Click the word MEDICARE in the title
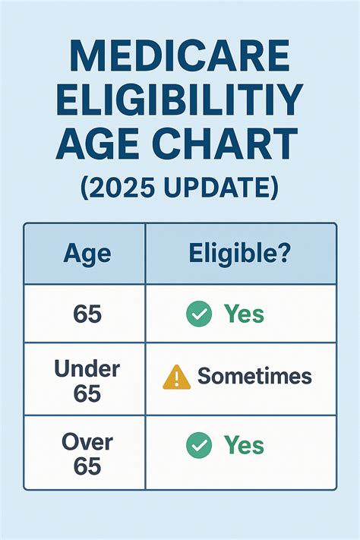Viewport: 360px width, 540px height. tap(180, 56)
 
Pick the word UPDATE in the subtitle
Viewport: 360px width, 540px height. tap(220, 186)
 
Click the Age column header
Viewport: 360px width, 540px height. tap(87, 254)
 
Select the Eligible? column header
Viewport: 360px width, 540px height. tap(239, 254)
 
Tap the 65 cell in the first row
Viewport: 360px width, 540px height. tap(87, 314)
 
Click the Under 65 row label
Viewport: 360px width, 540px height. tap(87, 379)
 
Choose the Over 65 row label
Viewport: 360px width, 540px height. tap(87, 453)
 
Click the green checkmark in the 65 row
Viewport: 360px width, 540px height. tap(199, 314)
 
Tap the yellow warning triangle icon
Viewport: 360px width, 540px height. tap(176, 377)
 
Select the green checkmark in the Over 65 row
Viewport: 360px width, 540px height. tap(199, 446)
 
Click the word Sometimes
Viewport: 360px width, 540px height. tap(255, 376)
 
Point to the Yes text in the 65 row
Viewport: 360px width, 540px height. tap(244, 314)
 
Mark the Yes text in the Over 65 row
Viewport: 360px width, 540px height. tap(244, 446)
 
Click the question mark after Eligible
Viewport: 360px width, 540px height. tap(282, 254)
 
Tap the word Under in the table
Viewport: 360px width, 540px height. tap(87, 369)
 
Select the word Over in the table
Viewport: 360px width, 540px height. tap(87, 442)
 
